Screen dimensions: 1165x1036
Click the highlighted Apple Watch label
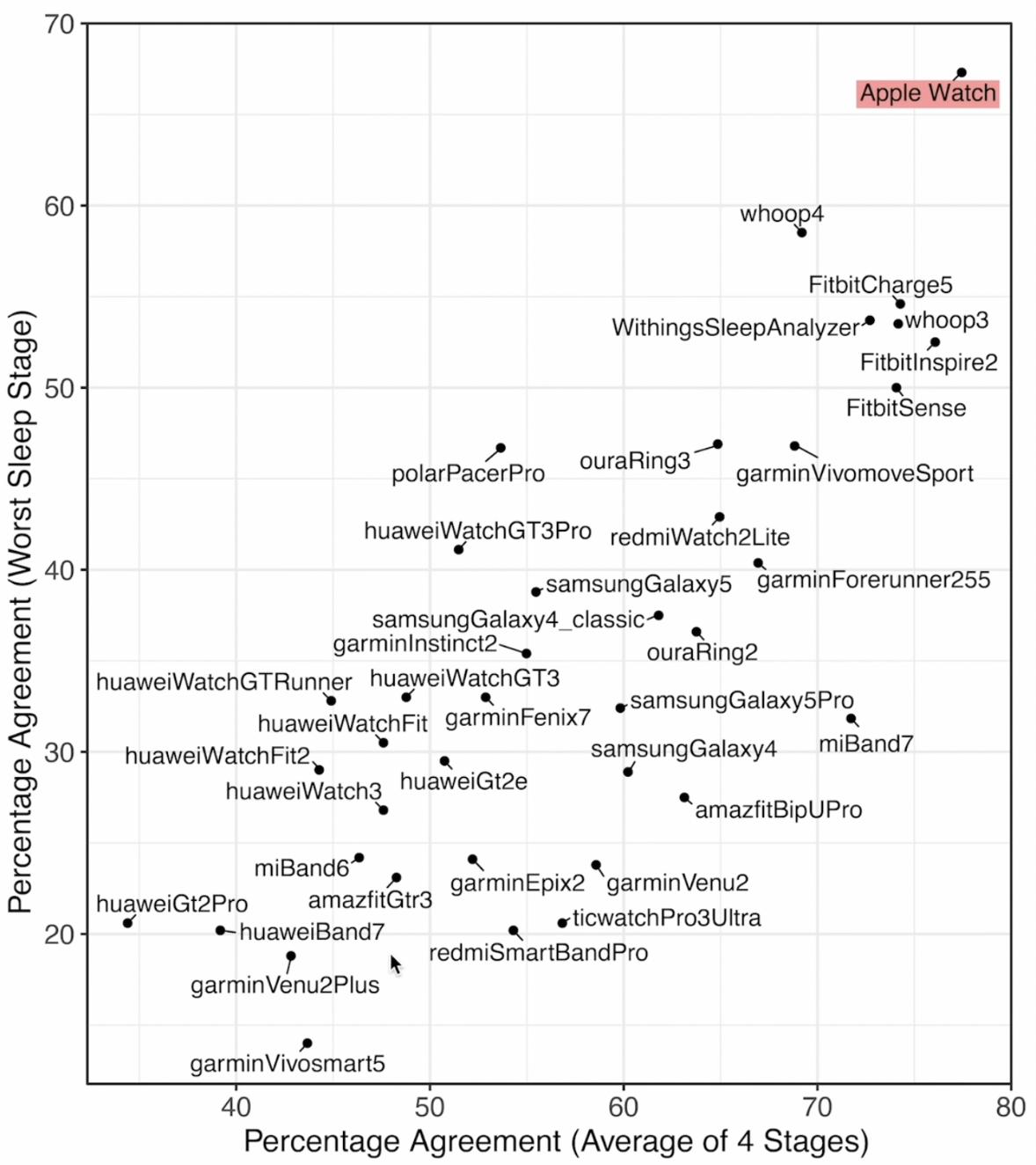coord(928,93)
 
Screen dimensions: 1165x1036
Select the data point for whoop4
coord(801,232)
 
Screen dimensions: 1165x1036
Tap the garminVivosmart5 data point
coord(307,1044)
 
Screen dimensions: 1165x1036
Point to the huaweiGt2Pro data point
coord(128,923)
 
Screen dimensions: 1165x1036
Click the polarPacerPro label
coord(468,474)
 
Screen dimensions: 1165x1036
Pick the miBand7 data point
coord(850,719)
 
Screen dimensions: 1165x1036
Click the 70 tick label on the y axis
coord(60,24)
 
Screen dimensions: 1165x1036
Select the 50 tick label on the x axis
coord(430,1107)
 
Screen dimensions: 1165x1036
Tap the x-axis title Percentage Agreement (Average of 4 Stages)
coord(556,1141)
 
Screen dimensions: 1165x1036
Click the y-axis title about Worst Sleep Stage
coord(21,612)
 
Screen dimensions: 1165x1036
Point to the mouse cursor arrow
coord(395,964)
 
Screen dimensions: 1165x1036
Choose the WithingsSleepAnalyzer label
coord(735,328)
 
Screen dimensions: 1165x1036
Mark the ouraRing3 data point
coord(718,444)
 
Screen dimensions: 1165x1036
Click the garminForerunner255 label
coord(873,580)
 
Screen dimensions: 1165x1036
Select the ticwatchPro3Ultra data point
coord(563,923)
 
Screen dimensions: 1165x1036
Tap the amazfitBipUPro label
coord(778,810)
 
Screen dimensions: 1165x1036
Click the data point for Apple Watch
coord(961,73)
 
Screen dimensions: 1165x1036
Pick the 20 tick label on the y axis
coord(60,934)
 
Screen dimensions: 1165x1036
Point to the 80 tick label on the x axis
coord(1010,1107)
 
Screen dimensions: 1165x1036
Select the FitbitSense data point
coord(896,388)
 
